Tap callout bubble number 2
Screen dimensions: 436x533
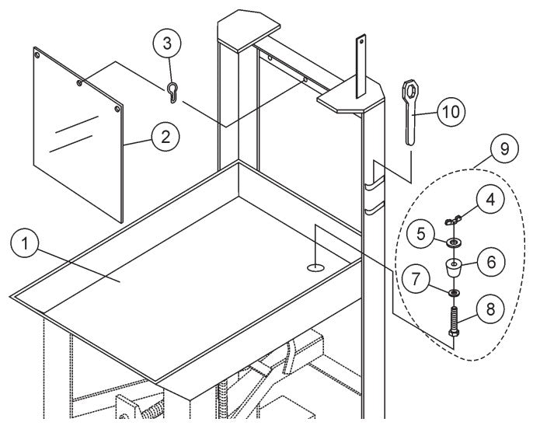coord(163,138)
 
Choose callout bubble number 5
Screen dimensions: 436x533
coord(421,232)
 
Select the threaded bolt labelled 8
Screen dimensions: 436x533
coord(455,322)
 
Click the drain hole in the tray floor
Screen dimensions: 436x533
coord(315,268)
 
